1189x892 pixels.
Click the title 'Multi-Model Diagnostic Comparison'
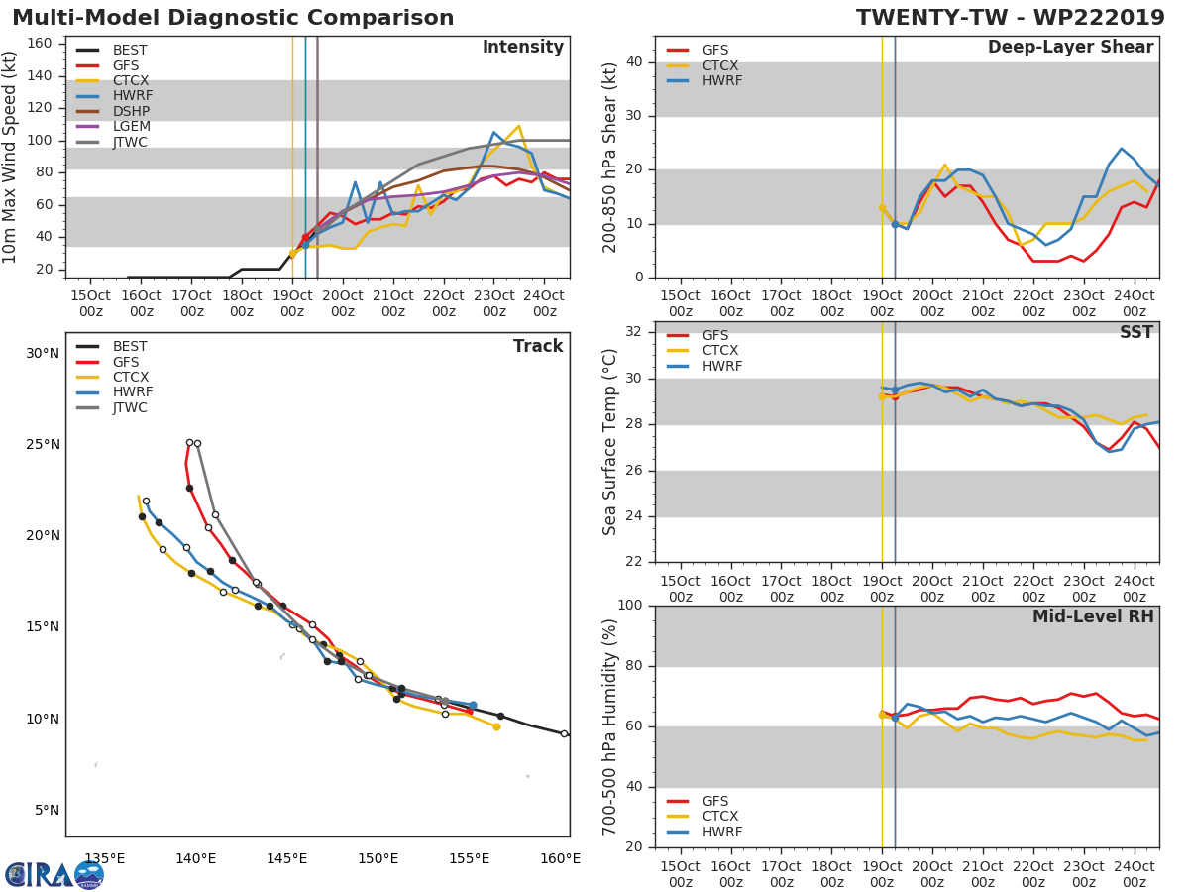point(233,18)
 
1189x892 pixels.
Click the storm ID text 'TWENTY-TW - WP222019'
point(1012,18)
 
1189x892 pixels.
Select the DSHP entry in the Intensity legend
point(131,111)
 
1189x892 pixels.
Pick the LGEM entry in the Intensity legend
point(131,127)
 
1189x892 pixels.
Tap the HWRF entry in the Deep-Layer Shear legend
point(721,81)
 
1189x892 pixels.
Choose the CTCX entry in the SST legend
point(719,351)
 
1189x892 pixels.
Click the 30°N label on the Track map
point(43,353)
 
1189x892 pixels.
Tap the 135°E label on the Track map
point(104,858)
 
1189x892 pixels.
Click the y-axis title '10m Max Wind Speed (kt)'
point(11,157)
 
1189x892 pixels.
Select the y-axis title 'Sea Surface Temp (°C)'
point(610,442)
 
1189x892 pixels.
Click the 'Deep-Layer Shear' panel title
point(1070,48)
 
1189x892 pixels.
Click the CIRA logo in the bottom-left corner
point(54,874)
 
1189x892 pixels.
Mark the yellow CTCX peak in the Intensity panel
point(519,126)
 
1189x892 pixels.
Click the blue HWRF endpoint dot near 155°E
point(473,705)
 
